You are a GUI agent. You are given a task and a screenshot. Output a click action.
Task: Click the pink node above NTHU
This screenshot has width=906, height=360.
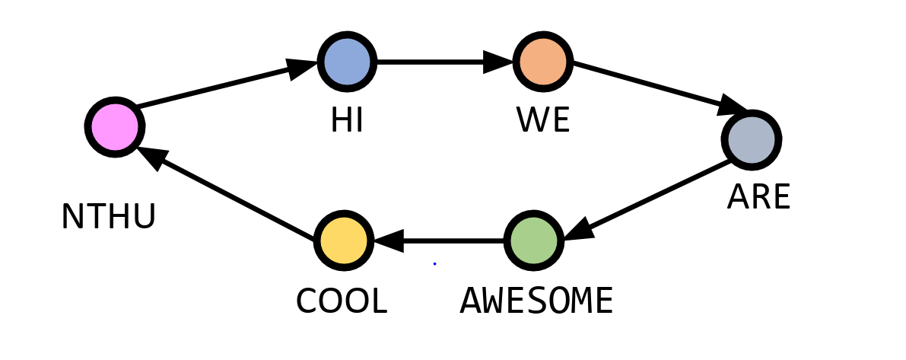click(x=114, y=127)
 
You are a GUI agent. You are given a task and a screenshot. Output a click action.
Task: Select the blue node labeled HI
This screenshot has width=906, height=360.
click(x=347, y=62)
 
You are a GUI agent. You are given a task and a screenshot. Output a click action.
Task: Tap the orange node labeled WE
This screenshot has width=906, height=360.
click(x=542, y=62)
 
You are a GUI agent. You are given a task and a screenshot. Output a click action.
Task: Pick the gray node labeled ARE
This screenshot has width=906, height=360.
click(x=751, y=140)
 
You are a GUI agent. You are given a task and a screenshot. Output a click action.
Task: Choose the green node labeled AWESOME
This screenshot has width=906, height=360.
click(x=533, y=241)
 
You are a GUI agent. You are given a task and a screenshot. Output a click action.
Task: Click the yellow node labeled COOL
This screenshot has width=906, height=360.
click(x=344, y=241)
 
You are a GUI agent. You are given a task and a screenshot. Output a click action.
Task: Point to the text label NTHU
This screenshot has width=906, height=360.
click(x=109, y=218)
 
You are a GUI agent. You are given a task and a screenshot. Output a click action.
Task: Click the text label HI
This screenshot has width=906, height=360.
click(x=347, y=121)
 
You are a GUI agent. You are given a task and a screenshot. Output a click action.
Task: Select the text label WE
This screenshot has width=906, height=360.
click(x=542, y=121)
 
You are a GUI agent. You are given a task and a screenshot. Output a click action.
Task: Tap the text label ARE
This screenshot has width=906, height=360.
click(x=758, y=198)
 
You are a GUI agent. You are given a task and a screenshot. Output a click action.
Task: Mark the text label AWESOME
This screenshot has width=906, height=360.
click(x=536, y=301)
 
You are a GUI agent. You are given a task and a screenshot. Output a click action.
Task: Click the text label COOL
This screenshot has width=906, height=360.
click(x=342, y=301)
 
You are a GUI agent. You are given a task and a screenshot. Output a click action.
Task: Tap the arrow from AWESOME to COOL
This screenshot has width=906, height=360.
click(x=441, y=241)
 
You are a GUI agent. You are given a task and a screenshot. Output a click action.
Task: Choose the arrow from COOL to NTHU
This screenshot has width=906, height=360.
click(x=228, y=193)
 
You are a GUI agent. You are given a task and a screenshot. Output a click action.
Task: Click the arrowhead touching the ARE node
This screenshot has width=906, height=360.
click(x=733, y=105)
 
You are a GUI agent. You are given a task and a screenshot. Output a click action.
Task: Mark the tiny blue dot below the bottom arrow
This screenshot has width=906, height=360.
click(x=434, y=264)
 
